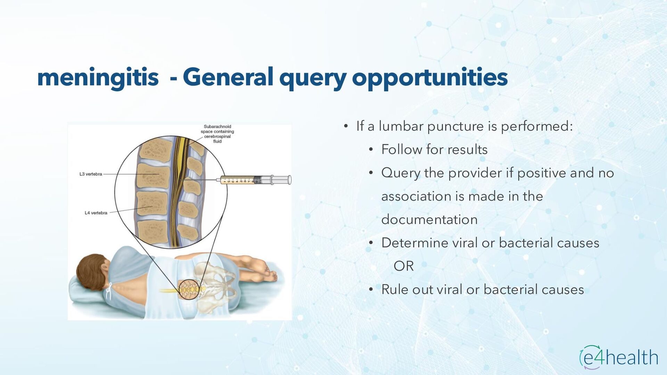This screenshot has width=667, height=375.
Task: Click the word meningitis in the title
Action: [98, 77]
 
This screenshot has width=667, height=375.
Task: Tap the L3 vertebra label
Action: [91, 174]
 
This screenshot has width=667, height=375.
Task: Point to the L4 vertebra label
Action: [96, 213]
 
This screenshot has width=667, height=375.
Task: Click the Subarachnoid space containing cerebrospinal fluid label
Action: [217, 134]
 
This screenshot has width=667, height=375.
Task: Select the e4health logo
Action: [619, 357]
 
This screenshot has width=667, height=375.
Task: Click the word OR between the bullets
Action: [403, 266]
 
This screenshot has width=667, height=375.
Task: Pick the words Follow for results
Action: [434, 150]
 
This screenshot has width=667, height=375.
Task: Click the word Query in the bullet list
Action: [401, 173]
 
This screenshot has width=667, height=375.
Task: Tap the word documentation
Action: [429, 220]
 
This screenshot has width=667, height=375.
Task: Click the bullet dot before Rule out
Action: [371, 289]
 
